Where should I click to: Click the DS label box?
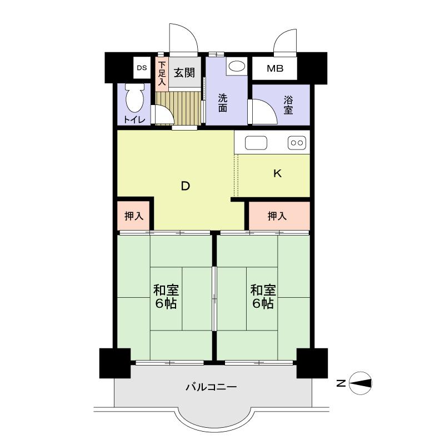point(142,68)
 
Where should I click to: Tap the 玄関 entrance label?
point(183,72)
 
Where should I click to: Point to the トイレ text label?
point(134,120)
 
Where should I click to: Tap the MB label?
point(274,69)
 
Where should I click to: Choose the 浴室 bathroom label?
point(288,106)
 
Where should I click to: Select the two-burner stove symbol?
point(297,143)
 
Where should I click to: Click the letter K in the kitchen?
point(277,173)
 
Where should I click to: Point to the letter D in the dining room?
point(186,187)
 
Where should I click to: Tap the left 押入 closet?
point(134,216)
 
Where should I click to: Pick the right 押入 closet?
point(277,216)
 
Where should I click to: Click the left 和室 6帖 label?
point(166,297)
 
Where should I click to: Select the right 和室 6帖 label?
point(262,297)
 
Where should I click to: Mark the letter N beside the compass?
point(341,382)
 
